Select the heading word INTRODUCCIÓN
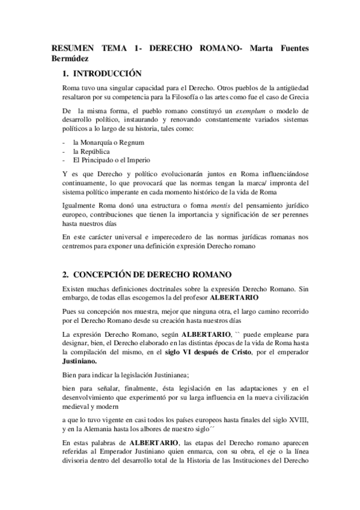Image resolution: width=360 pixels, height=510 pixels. pos(107,75)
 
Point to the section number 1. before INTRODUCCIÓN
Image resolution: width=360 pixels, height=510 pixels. pos(66,75)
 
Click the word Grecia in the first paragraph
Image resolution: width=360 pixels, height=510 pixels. pos(297,97)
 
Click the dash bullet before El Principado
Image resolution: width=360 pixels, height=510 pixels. pos(64,160)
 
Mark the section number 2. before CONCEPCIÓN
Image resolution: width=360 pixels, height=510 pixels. pos(66,274)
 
